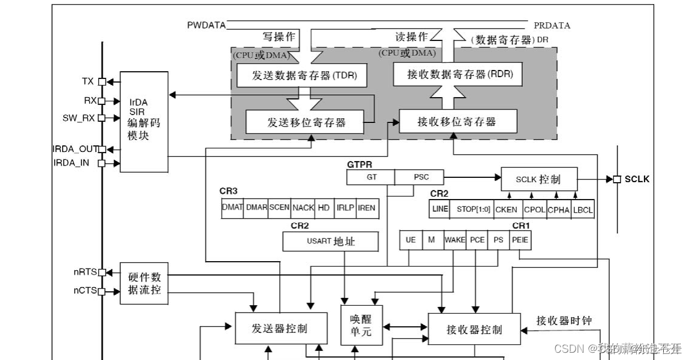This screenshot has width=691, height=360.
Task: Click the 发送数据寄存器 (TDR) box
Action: (296, 75)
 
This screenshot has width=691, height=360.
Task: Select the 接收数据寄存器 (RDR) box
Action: (457, 75)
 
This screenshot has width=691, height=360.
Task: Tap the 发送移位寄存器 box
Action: (305, 122)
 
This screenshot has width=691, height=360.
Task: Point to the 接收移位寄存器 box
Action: (458, 121)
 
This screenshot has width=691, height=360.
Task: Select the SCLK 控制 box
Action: (538, 179)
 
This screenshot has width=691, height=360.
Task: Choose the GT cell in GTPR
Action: (371, 177)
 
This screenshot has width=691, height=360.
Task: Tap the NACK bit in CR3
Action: (303, 207)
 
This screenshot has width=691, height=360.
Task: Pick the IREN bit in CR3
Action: (366, 207)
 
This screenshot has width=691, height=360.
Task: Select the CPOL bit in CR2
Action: (534, 209)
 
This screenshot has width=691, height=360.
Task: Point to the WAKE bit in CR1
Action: (455, 239)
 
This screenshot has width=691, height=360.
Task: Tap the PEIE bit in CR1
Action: (520, 239)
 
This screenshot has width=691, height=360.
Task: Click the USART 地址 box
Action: (330, 242)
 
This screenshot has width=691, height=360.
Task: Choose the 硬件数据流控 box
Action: (144, 283)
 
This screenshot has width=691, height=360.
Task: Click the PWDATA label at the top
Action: (206, 25)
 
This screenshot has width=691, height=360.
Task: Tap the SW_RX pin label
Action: (78, 118)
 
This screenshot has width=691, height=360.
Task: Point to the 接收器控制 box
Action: (474, 329)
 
